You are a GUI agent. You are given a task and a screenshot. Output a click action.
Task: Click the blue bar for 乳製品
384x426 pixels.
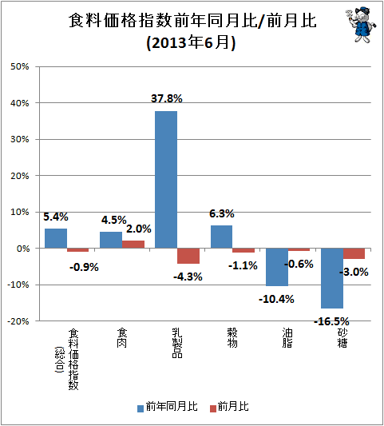point(166,179)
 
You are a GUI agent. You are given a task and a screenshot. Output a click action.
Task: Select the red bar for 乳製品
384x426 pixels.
point(188,256)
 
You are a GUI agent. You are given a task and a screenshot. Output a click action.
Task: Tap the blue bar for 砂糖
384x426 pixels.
point(332,278)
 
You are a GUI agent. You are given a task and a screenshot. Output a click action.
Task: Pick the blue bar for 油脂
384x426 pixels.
point(277,267)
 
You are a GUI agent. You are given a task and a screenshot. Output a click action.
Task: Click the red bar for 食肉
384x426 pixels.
point(133,245)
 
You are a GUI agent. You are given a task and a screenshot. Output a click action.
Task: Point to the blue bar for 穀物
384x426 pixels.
point(221,237)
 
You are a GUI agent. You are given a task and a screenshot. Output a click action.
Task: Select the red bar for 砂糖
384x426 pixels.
point(354,253)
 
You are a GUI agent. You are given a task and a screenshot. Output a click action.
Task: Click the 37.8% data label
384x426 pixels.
point(167,98)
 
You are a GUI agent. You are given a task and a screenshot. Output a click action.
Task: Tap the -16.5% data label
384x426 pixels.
point(331,321)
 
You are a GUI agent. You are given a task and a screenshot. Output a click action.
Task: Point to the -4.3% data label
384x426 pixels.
point(188,277)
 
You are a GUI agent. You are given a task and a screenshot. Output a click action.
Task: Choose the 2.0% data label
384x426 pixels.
point(139,229)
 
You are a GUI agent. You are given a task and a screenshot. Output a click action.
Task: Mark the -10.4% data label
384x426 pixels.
point(276,299)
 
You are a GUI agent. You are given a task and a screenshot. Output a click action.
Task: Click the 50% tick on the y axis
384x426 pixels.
point(19,66)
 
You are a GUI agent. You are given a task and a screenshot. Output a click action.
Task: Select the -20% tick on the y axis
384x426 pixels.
point(18,321)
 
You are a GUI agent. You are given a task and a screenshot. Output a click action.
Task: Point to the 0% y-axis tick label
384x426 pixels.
point(23,249)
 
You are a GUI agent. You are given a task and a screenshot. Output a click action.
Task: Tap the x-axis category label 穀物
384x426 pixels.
point(232,338)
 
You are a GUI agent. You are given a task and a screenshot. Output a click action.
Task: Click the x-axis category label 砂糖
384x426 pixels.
point(342,338)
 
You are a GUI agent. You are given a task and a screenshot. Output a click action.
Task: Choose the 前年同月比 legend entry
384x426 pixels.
point(168,407)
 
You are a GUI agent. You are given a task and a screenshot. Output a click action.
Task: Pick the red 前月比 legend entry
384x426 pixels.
point(229,407)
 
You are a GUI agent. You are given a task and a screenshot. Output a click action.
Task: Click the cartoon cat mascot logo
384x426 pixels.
point(361,25)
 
